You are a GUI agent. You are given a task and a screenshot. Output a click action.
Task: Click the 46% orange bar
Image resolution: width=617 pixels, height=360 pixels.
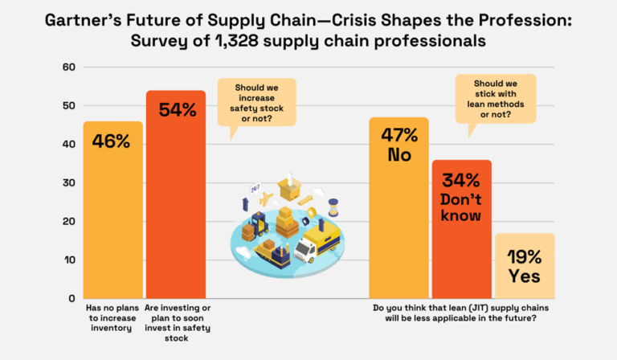click(x=112, y=210)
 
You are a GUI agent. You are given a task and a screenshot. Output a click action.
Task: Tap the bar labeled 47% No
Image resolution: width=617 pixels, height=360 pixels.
click(x=398, y=208)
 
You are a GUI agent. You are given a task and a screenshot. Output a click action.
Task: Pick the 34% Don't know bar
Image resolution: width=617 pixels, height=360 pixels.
click(x=461, y=229)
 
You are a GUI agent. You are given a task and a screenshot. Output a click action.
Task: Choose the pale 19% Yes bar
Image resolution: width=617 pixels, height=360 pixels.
click(x=524, y=266)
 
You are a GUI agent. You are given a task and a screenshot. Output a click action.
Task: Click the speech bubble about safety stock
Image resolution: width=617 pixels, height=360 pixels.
click(x=256, y=103)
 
